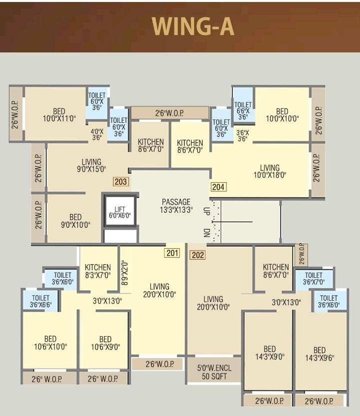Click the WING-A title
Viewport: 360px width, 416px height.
coord(193,26)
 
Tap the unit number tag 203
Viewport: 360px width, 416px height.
coord(120,182)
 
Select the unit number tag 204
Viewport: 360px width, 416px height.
coord(218,187)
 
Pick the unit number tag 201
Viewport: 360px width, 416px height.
coord(172,253)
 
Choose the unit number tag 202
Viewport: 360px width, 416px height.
coord(198,255)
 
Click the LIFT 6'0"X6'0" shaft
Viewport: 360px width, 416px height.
coord(120,211)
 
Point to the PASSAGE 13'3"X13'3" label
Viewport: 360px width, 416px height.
coord(176,206)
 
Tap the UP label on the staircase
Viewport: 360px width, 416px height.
coord(206,211)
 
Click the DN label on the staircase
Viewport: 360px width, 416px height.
coord(206,232)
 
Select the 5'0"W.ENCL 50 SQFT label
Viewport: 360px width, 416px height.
coord(214,372)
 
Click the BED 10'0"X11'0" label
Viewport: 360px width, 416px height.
coord(59,115)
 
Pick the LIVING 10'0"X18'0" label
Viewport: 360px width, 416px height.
coord(269,171)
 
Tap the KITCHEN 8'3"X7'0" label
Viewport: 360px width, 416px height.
coord(98,271)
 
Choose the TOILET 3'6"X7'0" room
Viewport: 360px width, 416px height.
coord(314,279)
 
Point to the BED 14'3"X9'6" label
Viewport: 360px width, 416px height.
coord(319,354)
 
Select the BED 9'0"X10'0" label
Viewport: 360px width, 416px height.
coord(75,221)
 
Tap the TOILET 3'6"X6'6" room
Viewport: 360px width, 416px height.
coord(40,301)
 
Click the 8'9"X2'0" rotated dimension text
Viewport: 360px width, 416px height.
coord(124,274)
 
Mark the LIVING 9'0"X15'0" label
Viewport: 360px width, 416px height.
coord(91,165)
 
